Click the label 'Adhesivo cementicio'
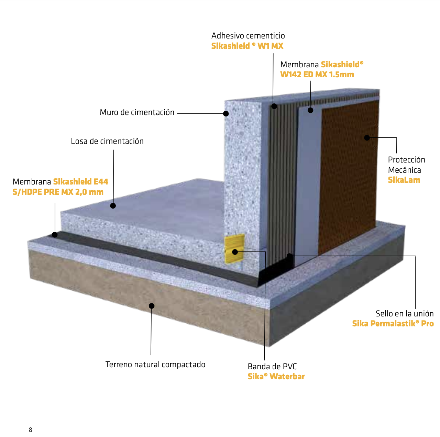pyautogui.click(x=248, y=36)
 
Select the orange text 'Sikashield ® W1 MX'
pyautogui.click(x=247, y=46)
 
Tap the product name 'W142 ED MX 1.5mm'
pyautogui.click(x=317, y=75)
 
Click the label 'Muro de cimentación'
pyautogui.click(x=137, y=112)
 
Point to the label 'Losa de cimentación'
pyautogui.click(x=107, y=141)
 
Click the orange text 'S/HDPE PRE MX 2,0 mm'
pyautogui.click(x=58, y=192)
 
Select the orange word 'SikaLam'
pyautogui.click(x=404, y=180)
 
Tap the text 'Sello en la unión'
pyautogui.click(x=404, y=314)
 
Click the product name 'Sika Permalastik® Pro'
pyautogui.click(x=393, y=324)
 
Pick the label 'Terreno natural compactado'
pyautogui.click(x=155, y=365)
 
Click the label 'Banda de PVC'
pyautogui.click(x=272, y=367)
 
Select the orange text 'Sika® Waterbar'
pyautogui.click(x=276, y=377)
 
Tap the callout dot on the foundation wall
pyautogui.click(x=226, y=114)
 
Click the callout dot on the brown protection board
pyautogui.click(x=367, y=138)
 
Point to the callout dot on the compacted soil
pyautogui.click(x=152, y=306)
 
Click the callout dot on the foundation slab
pyautogui.click(x=113, y=206)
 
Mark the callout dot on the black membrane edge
pyautogui.click(x=55, y=235)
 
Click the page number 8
pyautogui.click(x=31, y=430)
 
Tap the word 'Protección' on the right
pyautogui.click(x=406, y=160)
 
